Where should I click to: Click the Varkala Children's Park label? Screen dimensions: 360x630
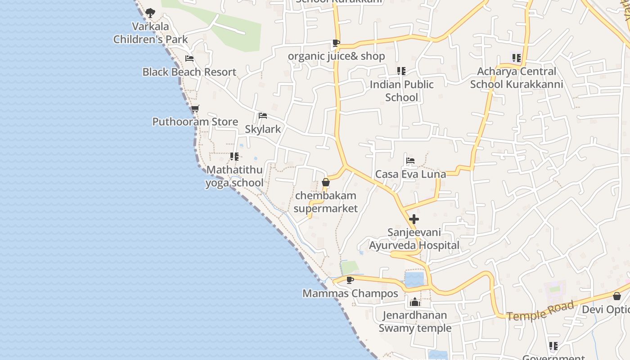(x=150, y=33)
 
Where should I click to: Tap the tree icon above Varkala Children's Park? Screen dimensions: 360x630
(x=150, y=13)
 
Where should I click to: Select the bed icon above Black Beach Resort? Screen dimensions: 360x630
(x=189, y=58)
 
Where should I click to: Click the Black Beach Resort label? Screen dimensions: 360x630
(x=189, y=72)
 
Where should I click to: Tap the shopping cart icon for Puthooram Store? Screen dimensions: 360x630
(x=195, y=109)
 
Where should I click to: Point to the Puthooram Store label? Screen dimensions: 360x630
(x=195, y=122)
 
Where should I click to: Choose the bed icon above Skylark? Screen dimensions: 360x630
(x=263, y=116)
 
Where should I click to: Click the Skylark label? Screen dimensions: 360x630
(x=263, y=129)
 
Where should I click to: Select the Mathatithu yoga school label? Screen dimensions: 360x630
(x=234, y=176)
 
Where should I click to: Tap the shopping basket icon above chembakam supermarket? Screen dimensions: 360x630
(x=326, y=183)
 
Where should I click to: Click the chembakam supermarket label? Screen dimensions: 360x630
(x=325, y=202)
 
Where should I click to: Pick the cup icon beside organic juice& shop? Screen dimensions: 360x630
(x=336, y=43)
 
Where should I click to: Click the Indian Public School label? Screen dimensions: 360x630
(x=401, y=91)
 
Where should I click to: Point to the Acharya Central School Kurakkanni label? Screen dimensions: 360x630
(x=517, y=78)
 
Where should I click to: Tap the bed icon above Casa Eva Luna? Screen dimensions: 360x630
(x=410, y=161)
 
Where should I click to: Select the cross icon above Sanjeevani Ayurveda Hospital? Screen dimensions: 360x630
(x=414, y=219)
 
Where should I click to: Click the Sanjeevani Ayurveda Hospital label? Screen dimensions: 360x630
(x=414, y=239)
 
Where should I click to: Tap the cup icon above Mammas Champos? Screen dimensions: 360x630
(x=350, y=280)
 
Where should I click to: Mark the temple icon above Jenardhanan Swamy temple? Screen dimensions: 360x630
(x=415, y=302)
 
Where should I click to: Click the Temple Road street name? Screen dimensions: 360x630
(x=541, y=311)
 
